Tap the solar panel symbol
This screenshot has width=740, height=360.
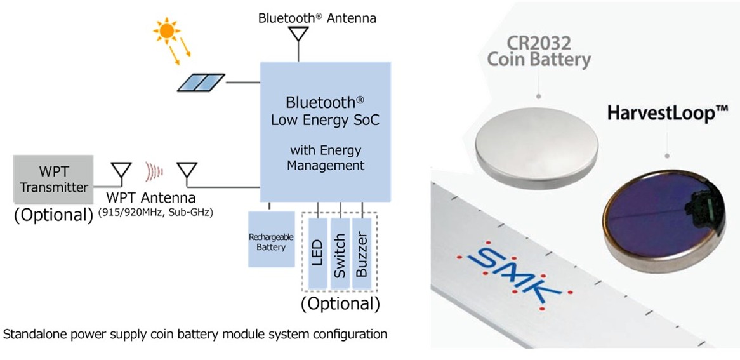201,82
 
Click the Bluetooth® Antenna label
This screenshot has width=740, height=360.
317,18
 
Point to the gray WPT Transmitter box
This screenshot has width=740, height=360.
53,179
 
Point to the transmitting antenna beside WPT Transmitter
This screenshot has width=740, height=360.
121,172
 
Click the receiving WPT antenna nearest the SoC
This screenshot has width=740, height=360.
186,172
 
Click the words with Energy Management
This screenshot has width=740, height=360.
326,158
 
